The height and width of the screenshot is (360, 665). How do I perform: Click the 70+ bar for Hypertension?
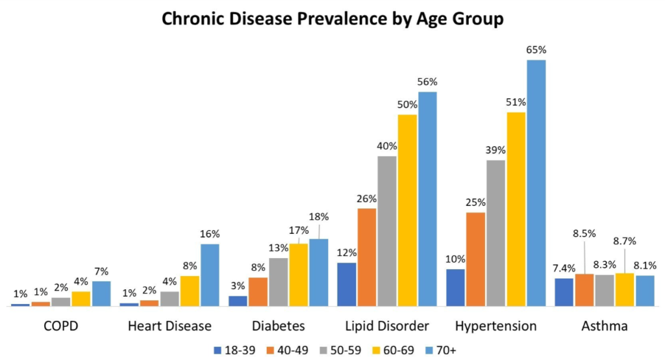536,183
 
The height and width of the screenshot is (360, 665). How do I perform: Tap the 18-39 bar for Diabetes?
238,300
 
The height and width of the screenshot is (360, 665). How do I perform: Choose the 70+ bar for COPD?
101,293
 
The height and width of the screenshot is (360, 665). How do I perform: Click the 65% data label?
536,50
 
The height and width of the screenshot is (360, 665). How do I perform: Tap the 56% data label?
428,82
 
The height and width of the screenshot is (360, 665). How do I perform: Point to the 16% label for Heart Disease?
210,234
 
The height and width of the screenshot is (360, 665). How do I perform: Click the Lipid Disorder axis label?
387,326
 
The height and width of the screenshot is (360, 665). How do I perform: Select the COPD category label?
61,326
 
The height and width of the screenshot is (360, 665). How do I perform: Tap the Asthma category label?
605,326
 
